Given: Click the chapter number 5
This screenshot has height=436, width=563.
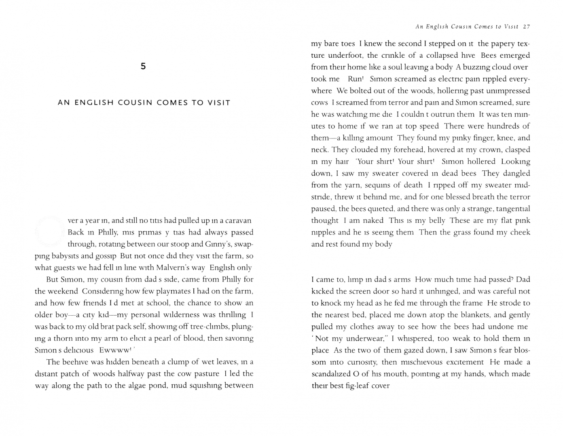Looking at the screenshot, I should [143, 67].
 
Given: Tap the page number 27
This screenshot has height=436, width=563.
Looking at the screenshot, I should [526, 27].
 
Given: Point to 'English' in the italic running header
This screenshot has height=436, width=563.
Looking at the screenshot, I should [438, 27].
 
